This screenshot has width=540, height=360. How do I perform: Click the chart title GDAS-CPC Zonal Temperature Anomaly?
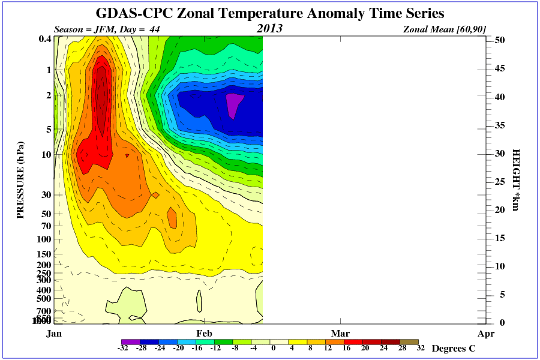tap(270, 13)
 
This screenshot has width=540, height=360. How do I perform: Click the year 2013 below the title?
tap(269, 28)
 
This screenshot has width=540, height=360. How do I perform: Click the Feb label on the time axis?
tap(205, 333)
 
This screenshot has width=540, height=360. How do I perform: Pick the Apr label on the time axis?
tap(486, 333)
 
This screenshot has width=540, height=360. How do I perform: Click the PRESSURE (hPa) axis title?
tap(20, 180)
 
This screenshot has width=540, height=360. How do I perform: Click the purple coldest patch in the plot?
tap(233, 103)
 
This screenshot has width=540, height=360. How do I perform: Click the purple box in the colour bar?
tap(131, 342)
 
